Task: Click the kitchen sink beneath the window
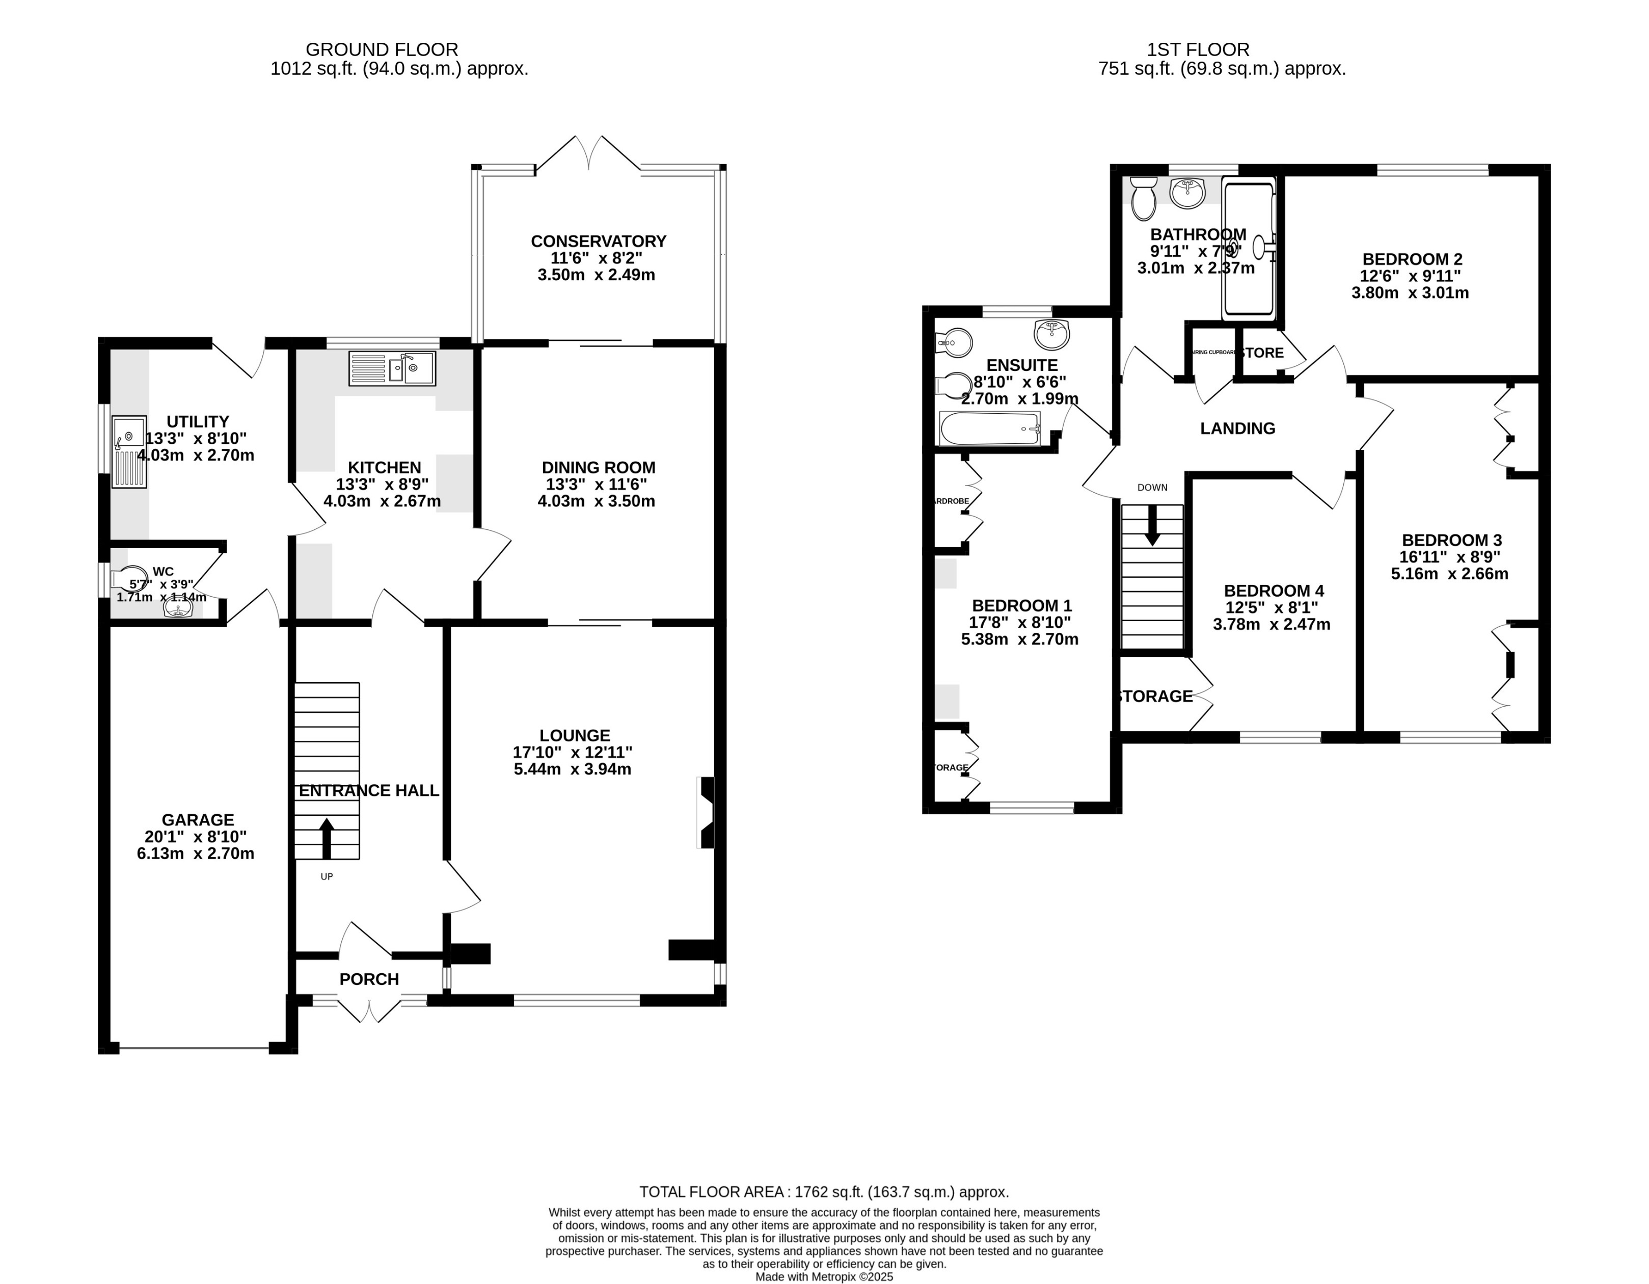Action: click(x=392, y=368)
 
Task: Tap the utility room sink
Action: click(x=129, y=451)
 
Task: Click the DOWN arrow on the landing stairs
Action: click(x=1152, y=525)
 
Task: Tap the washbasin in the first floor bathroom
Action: click(x=1187, y=192)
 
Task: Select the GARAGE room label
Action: click(x=198, y=819)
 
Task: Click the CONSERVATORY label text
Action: click(x=598, y=241)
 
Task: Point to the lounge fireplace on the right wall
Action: click(x=706, y=813)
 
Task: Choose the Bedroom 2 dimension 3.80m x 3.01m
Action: click(x=1410, y=293)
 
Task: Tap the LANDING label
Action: click(x=1237, y=428)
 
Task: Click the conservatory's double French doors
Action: click(x=588, y=155)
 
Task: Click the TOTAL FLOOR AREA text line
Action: click(x=824, y=1192)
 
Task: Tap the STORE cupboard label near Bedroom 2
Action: click(x=1262, y=353)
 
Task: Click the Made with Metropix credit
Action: click(x=824, y=1276)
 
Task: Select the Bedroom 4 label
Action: click(x=1273, y=591)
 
